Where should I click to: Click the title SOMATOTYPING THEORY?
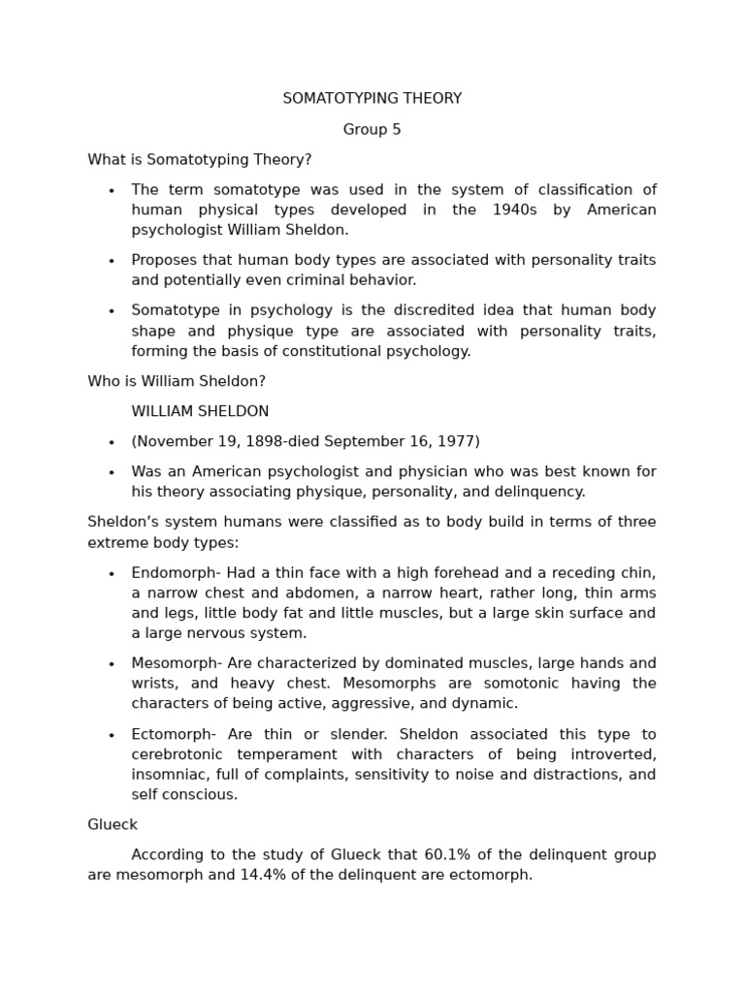(372, 99)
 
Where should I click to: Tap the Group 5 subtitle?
(372, 130)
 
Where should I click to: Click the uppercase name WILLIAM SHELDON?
(200, 412)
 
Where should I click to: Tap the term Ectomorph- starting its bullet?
(174, 734)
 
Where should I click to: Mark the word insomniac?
(168, 775)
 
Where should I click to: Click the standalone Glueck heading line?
(113, 825)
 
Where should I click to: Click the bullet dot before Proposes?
(112, 261)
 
